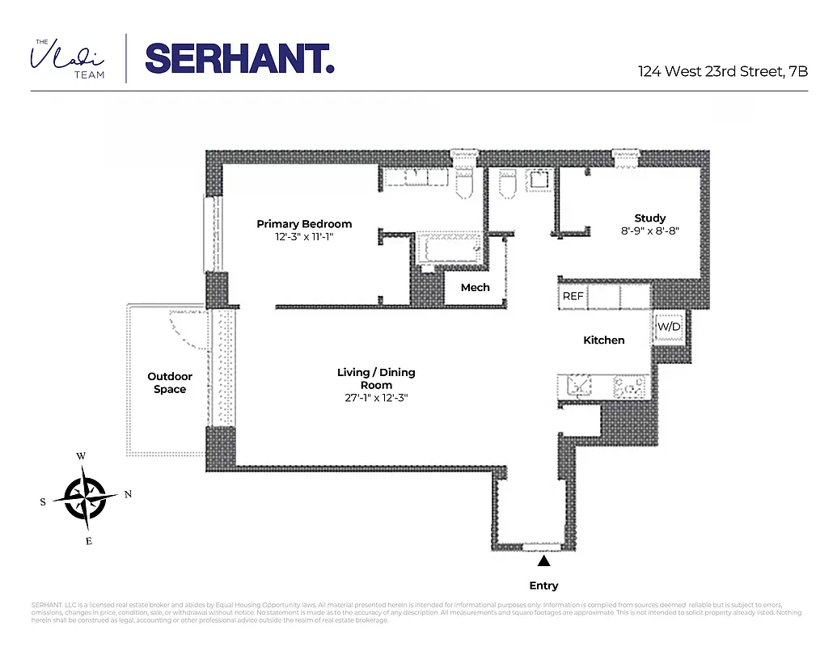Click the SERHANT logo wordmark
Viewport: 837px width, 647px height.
point(239,57)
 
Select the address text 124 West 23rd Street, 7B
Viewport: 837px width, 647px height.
point(722,71)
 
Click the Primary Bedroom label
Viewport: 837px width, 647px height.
point(304,224)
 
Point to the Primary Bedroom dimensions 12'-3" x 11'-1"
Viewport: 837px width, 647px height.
point(304,237)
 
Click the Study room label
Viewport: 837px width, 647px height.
point(649,218)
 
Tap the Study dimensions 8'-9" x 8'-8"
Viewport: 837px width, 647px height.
point(649,230)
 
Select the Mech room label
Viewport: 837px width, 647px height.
point(475,287)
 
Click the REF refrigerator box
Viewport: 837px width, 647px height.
point(573,296)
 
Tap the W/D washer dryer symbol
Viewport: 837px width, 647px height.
point(668,327)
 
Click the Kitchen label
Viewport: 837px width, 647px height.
point(603,340)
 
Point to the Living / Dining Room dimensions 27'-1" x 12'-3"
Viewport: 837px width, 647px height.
point(376,398)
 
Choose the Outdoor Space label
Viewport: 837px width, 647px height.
point(170,383)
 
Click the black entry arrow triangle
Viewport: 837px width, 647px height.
point(544,560)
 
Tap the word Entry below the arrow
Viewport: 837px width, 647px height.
point(544,586)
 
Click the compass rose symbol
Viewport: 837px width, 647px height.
point(85,497)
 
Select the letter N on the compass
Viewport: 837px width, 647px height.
point(128,494)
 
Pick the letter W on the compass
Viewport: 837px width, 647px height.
point(81,456)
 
